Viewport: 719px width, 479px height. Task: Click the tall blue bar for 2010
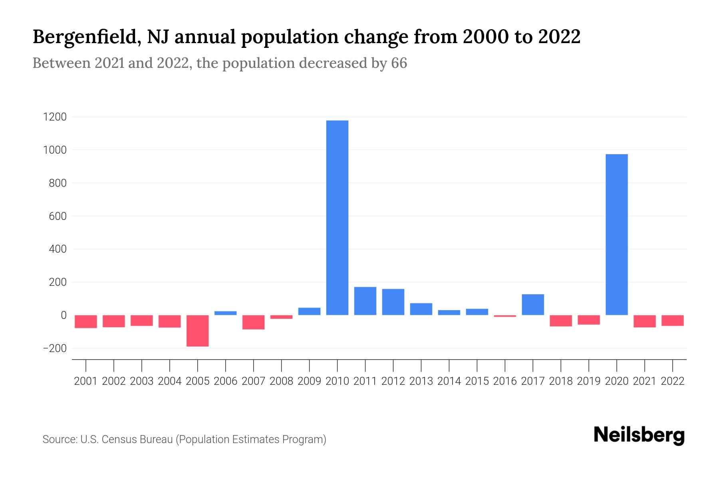(337, 218)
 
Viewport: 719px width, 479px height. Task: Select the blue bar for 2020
(616, 234)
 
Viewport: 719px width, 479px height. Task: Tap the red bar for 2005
(198, 331)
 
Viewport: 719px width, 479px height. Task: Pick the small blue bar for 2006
(226, 313)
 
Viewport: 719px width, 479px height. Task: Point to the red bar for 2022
(672, 320)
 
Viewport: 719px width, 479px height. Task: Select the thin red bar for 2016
(505, 316)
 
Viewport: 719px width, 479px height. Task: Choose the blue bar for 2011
(365, 301)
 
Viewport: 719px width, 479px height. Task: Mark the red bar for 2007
(254, 322)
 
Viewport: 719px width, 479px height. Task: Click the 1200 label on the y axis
(55, 117)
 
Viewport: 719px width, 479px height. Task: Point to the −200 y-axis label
(55, 348)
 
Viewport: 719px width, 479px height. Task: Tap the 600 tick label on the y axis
(58, 216)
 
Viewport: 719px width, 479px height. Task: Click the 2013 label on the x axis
(421, 381)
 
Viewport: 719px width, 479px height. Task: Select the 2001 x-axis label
(86, 381)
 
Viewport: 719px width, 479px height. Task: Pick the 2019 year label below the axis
(588, 381)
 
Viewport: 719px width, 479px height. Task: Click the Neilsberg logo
(639, 435)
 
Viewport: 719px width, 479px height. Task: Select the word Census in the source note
(117, 439)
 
